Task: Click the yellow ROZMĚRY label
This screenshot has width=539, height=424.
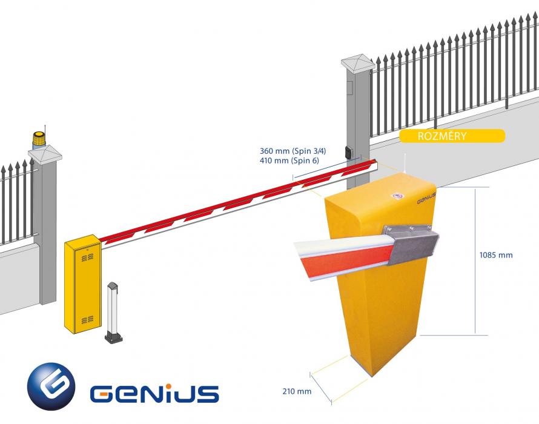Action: coord(452,136)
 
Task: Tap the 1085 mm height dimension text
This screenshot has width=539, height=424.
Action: coord(495,255)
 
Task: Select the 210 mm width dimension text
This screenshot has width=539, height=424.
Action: coord(297,391)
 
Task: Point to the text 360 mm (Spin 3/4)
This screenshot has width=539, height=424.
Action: coord(293,151)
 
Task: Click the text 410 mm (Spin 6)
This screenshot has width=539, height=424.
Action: coord(289,161)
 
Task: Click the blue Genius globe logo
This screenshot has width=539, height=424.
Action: coord(51,386)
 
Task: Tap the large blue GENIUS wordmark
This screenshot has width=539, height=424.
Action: coord(154,394)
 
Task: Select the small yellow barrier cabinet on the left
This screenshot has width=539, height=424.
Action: coord(83,283)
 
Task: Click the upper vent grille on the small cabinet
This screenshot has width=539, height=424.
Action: coord(88,257)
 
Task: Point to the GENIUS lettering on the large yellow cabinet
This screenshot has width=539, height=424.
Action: coord(426,199)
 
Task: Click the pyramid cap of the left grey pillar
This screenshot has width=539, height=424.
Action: coord(45,153)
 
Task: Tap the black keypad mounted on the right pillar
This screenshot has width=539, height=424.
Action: coord(349,151)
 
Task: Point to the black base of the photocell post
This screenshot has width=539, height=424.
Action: coord(114,338)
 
